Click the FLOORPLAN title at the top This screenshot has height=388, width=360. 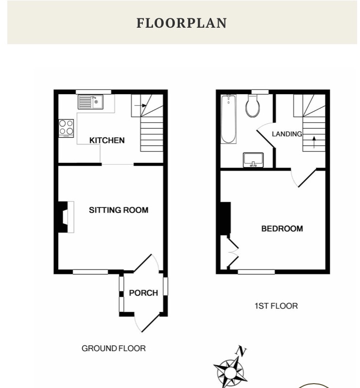pyautogui.click(x=182, y=23)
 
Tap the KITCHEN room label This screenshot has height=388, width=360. pyautogui.click(x=107, y=140)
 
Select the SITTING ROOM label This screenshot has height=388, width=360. pyautogui.click(x=119, y=210)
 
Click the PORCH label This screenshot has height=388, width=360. pyautogui.click(x=143, y=293)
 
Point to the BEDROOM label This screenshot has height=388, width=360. pyautogui.click(x=282, y=228)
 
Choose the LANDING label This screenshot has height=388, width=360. pyautogui.click(x=287, y=134)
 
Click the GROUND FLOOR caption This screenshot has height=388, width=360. pyautogui.click(x=114, y=348)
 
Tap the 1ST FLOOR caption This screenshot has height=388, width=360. pyautogui.click(x=276, y=306)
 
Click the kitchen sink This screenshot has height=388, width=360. pyautogui.click(x=90, y=102)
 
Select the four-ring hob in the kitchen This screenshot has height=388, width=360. pyautogui.click(x=66, y=128)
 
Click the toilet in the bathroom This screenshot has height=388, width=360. pyautogui.click(x=253, y=106)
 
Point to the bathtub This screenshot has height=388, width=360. pyautogui.click(x=228, y=119)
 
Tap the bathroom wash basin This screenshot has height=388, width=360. pyautogui.click(x=253, y=160)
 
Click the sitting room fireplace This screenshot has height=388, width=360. pyautogui.click(x=65, y=217)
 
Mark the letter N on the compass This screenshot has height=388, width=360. pyautogui.click(x=240, y=351)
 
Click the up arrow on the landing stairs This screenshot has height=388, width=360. pyautogui.click(x=314, y=142)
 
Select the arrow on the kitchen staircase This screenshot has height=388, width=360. pyautogui.click(x=140, y=105)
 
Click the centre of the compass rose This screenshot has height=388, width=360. pyautogui.click(x=230, y=372)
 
